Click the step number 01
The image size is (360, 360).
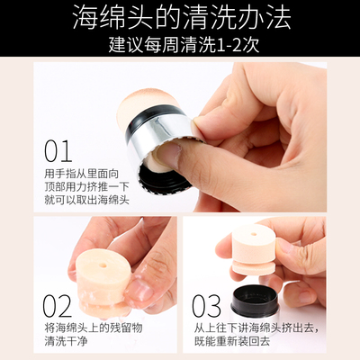click(x=58, y=151)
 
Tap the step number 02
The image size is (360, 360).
click(x=58, y=306)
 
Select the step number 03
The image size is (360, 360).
click(x=206, y=306)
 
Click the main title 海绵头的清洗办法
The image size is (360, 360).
click(x=182, y=17)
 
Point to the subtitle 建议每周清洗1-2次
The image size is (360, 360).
click(x=184, y=45)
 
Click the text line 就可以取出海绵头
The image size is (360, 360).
click(x=86, y=200)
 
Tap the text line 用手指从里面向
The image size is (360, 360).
click(x=82, y=174)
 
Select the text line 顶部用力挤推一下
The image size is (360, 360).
click(x=86, y=186)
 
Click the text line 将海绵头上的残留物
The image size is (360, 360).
click(x=94, y=328)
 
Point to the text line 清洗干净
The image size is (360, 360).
click(x=66, y=341)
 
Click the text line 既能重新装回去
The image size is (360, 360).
click(x=232, y=341)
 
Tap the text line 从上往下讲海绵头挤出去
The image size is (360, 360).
click(x=256, y=328)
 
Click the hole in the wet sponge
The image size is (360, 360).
click(x=103, y=265)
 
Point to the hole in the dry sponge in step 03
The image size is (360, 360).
click(x=254, y=234)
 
